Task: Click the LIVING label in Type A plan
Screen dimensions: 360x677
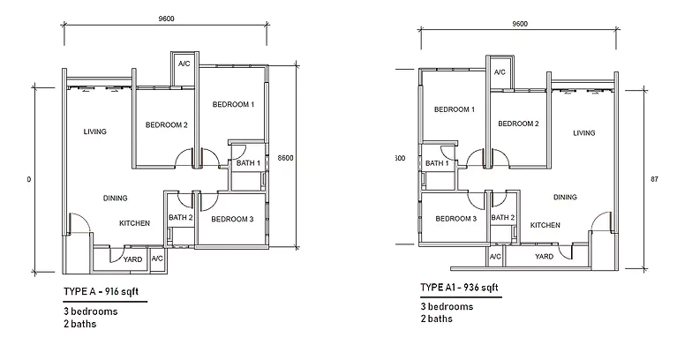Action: [x=94, y=131]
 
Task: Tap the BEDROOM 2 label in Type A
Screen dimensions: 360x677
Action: [x=166, y=125]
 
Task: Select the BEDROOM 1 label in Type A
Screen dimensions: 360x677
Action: [x=233, y=104]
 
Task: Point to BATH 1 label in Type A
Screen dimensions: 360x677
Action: [x=247, y=162]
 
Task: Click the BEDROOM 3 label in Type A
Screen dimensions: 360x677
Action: [x=233, y=219]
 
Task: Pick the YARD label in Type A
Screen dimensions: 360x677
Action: [x=132, y=259]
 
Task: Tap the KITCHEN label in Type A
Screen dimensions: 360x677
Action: [x=134, y=223]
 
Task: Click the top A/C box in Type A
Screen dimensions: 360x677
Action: [x=184, y=64]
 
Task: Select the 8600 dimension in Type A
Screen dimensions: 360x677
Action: [x=282, y=157]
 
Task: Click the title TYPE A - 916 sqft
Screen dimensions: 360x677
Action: [x=100, y=289]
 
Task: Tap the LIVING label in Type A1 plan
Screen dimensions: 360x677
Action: [x=583, y=133]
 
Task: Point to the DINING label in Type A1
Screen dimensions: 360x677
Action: [x=566, y=197]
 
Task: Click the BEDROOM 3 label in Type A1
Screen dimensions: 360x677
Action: [x=455, y=219]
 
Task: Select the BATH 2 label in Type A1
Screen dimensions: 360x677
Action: [x=502, y=218]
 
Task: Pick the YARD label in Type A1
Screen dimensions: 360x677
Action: [x=545, y=257]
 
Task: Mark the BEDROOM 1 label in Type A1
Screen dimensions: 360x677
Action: [x=455, y=109]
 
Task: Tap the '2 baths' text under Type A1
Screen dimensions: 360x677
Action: [x=436, y=319]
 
